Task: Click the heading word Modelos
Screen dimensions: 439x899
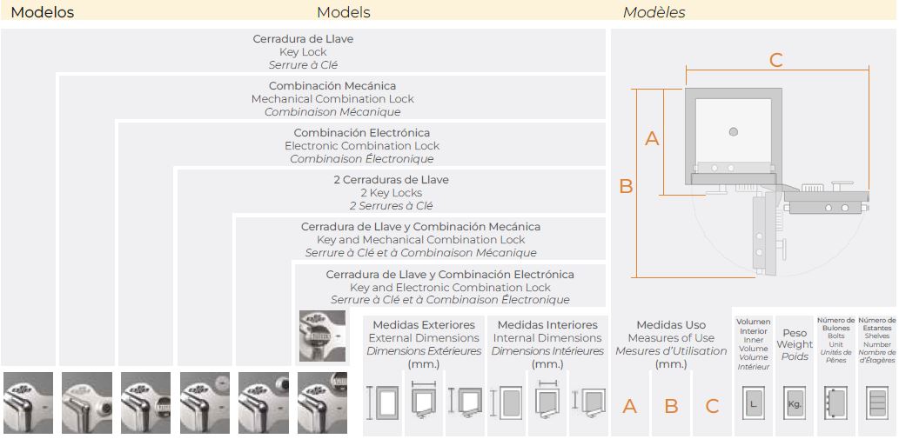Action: click(x=43, y=12)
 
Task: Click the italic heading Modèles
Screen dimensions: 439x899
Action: click(x=654, y=12)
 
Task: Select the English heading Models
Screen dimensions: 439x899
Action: click(x=343, y=12)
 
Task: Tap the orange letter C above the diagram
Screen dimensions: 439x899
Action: click(x=776, y=60)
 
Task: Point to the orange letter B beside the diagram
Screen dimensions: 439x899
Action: click(x=625, y=185)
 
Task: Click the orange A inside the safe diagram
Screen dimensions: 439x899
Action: click(x=651, y=138)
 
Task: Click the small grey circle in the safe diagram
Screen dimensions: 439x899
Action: click(x=734, y=131)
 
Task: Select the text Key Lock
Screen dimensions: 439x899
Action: click(x=303, y=52)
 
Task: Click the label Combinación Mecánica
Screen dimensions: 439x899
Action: click(x=332, y=86)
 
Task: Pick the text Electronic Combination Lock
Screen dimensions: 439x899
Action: click(x=362, y=146)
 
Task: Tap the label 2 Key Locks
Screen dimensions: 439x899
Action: click(x=391, y=193)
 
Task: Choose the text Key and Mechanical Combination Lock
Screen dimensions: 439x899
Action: click(x=421, y=240)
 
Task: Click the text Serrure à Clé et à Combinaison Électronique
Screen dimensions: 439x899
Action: click(x=450, y=300)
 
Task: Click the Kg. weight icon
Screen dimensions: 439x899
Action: click(x=795, y=404)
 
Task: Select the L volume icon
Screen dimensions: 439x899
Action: click(x=754, y=404)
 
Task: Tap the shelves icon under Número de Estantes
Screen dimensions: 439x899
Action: click(x=877, y=404)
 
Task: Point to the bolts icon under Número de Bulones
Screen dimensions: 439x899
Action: click(x=835, y=404)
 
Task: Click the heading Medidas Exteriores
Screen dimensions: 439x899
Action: click(x=424, y=325)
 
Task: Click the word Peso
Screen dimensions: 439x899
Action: click(x=795, y=333)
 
